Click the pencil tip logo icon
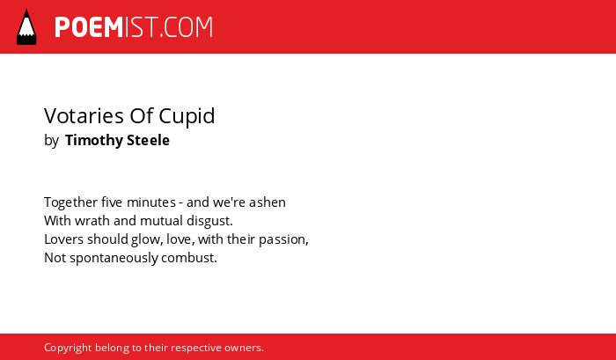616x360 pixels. click(26, 26)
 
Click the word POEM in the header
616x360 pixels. click(89, 27)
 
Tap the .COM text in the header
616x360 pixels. click(187, 27)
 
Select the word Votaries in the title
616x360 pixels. click(84, 116)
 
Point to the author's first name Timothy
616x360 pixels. click(94, 140)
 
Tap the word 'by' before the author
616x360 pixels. click(51, 141)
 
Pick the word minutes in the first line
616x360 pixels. click(151, 202)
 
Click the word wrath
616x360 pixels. click(92, 221)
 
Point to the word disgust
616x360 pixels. click(209, 221)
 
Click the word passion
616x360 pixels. click(283, 239)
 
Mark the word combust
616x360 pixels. click(189, 258)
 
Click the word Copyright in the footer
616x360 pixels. click(68, 349)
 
